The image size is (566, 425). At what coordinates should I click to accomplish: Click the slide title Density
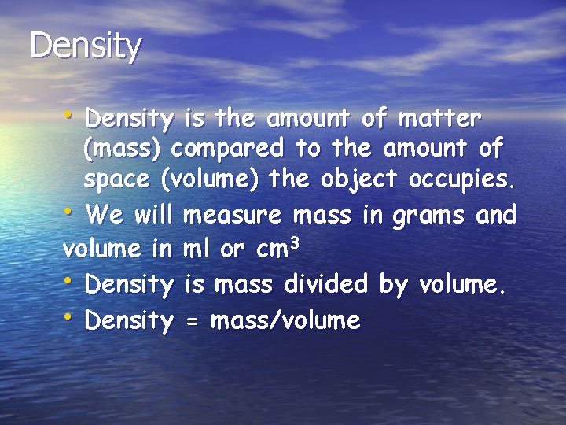point(86,46)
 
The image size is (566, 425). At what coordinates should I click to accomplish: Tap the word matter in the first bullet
point(439,120)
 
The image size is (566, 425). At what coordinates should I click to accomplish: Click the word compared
point(230,150)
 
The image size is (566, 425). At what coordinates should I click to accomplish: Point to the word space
point(116,181)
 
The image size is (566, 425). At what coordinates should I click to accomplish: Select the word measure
point(233,214)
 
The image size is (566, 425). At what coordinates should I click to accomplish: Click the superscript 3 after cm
point(296,242)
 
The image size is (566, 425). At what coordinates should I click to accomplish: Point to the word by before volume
point(393,285)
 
